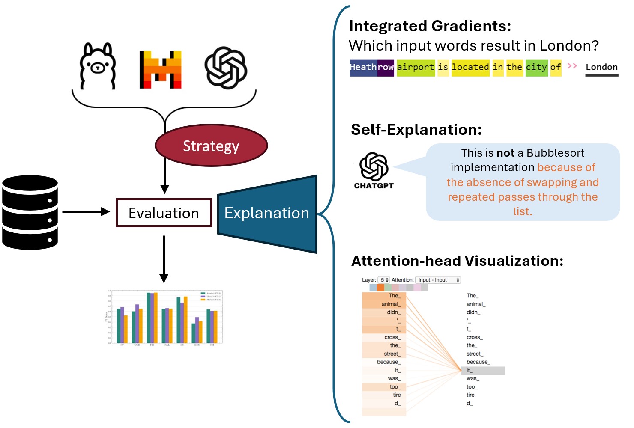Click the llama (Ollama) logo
(x=98, y=66)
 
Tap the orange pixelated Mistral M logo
(x=160, y=70)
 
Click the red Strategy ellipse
(x=211, y=146)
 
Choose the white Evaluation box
(x=164, y=213)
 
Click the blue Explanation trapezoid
(x=267, y=213)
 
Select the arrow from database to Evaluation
(x=86, y=211)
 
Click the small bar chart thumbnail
(x=164, y=318)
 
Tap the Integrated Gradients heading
(x=430, y=26)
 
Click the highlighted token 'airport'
(x=416, y=67)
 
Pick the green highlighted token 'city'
(x=536, y=67)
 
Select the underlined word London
(x=601, y=67)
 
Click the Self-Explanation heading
(x=416, y=130)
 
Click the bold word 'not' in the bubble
(x=505, y=153)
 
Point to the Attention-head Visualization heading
(x=457, y=261)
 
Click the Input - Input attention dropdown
(x=438, y=280)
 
